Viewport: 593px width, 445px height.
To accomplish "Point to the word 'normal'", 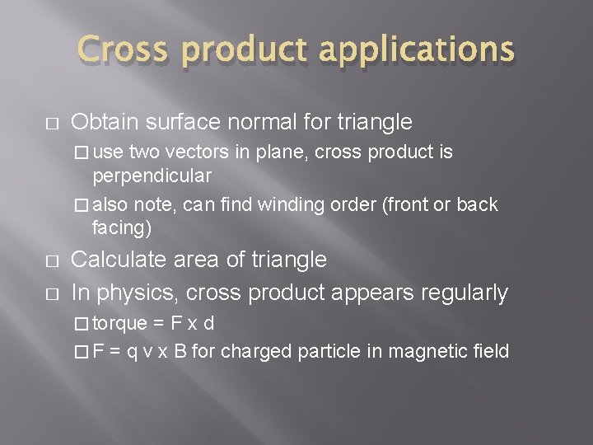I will [248, 123].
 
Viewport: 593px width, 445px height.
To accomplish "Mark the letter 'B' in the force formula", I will [201, 352].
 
